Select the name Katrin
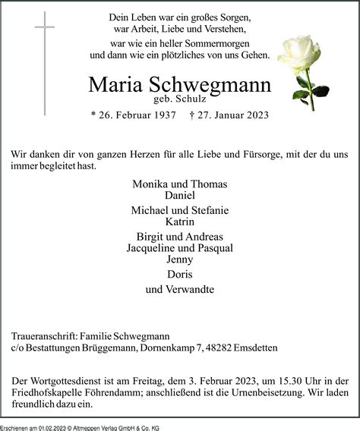pos(179,222)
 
